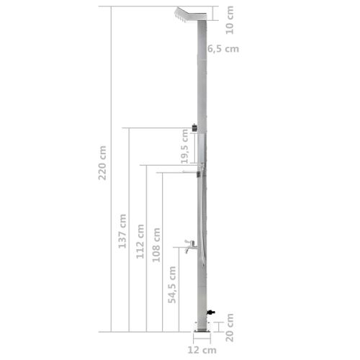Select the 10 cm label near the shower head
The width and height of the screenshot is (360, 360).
[230, 17]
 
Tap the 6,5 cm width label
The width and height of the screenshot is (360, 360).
[222, 49]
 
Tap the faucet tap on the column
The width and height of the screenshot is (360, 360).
[188, 246]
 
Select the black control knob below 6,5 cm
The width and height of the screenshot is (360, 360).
[195, 130]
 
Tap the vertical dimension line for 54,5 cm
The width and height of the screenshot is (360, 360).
[180, 288]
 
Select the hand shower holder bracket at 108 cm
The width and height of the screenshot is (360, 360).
[202, 173]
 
